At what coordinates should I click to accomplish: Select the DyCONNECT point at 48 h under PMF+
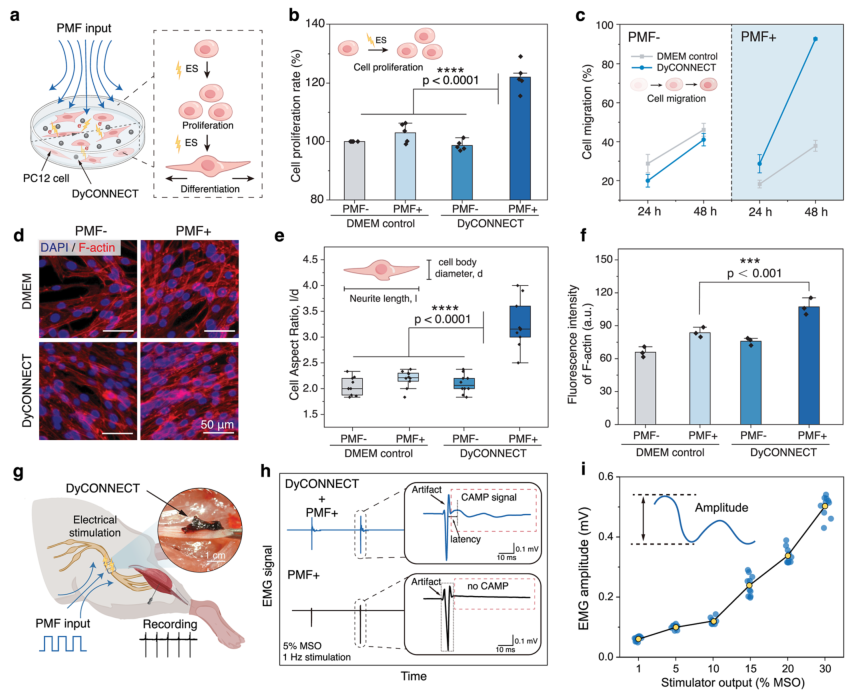815,39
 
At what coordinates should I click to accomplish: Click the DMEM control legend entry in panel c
674,56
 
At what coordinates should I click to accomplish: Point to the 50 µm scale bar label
217,424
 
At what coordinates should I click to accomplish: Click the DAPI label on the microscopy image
54,247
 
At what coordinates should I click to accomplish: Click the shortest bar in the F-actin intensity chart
645,388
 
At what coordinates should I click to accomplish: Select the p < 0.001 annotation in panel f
754,273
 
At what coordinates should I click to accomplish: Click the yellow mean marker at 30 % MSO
825,506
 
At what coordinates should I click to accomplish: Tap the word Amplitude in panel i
721,508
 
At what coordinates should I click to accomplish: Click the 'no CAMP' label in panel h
488,586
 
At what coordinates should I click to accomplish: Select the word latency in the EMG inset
465,539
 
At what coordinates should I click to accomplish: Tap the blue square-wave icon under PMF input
62,643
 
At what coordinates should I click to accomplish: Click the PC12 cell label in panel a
46,178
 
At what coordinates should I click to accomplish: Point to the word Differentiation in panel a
210,189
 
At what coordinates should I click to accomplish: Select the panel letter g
17,473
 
